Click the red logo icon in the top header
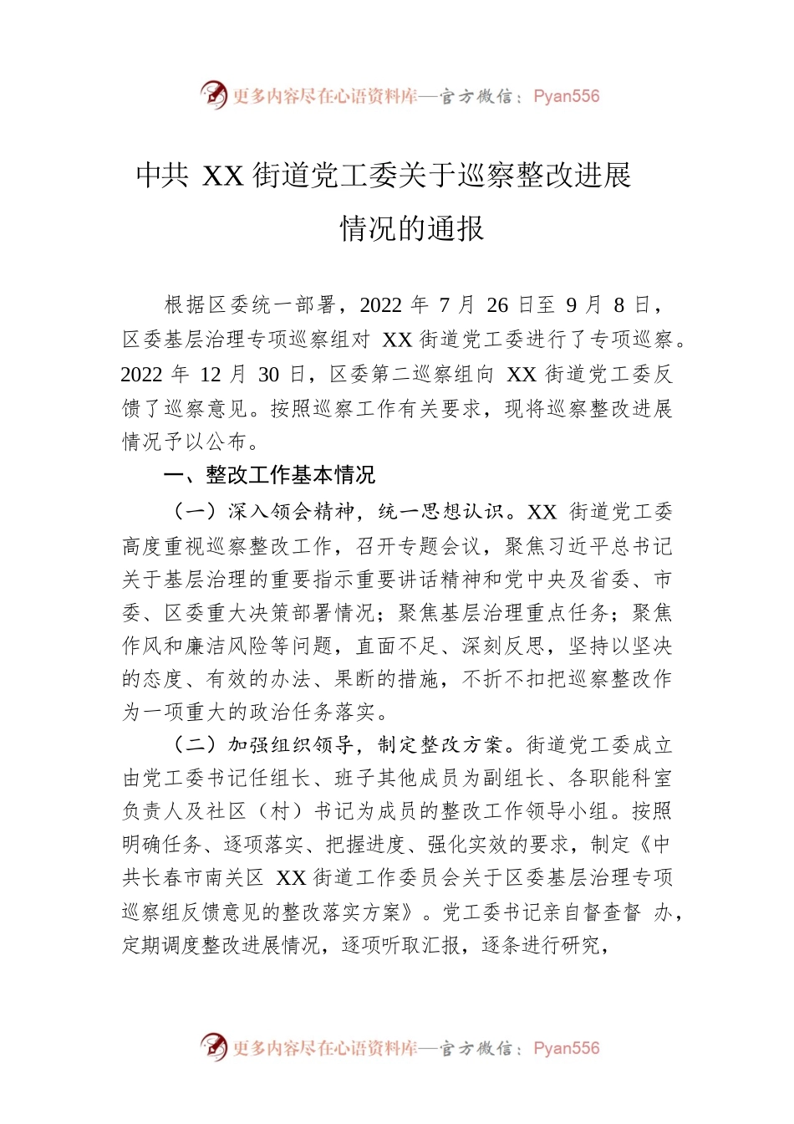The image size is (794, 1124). point(214,95)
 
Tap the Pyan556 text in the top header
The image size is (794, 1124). point(566,96)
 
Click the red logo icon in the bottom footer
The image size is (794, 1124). point(214,1046)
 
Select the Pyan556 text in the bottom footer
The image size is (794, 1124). point(566,1048)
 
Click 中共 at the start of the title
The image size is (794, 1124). point(162,176)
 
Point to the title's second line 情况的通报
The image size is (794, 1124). point(411,228)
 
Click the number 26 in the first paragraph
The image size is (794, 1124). point(497,305)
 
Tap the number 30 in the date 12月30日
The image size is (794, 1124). point(268,375)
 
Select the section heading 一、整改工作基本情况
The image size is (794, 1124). point(269,476)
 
